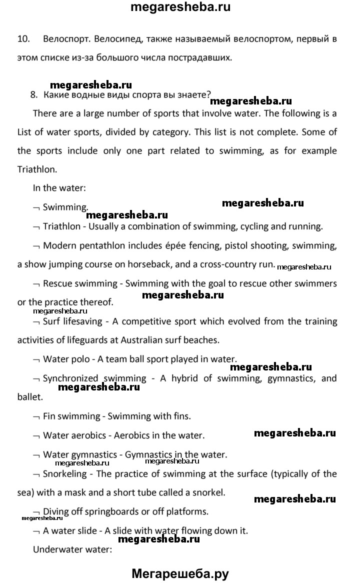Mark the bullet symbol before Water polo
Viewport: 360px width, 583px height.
(35, 359)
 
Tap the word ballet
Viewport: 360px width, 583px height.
(29, 397)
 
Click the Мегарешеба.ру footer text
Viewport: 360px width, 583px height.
(180, 573)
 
